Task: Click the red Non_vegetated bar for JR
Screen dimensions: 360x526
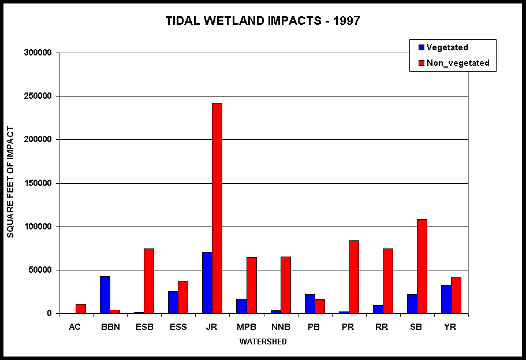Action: pyautogui.click(x=217, y=208)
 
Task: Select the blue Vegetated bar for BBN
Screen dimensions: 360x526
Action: pyautogui.click(x=105, y=295)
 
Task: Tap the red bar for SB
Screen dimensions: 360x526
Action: pyautogui.click(x=421, y=266)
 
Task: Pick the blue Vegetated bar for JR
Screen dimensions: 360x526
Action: pyautogui.click(x=207, y=283)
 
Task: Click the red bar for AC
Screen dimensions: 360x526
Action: pyautogui.click(x=81, y=309)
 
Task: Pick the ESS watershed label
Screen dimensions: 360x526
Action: pyautogui.click(x=178, y=326)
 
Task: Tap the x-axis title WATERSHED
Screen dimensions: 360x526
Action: pyautogui.click(x=263, y=342)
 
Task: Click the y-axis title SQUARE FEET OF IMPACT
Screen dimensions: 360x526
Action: pyautogui.click(x=10, y=182)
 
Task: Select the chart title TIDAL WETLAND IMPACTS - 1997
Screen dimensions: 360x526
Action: pyautogui.click(x=263, y=21)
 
